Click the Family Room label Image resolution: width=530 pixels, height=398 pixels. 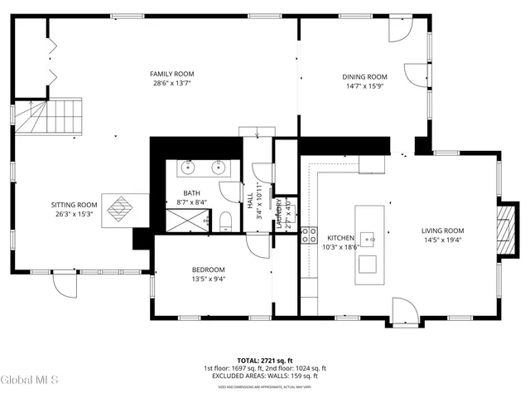pos(171,74)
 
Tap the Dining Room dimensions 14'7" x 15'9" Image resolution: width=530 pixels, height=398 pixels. pos(365,85)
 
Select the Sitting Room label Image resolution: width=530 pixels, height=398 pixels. pos(75,205)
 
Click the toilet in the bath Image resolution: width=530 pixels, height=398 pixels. pos(224,221)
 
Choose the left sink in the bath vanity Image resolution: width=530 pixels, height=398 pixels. pos(188,167)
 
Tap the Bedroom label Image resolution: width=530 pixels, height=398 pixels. pos(209,269)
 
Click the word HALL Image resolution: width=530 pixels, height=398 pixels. pos(250,200)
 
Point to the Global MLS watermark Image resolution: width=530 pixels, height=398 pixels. pos(30,380)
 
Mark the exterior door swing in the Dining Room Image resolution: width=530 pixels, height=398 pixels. pos(399,32)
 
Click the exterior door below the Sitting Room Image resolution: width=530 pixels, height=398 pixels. pos(63,283)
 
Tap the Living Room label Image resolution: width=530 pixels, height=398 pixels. pos(442,231)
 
